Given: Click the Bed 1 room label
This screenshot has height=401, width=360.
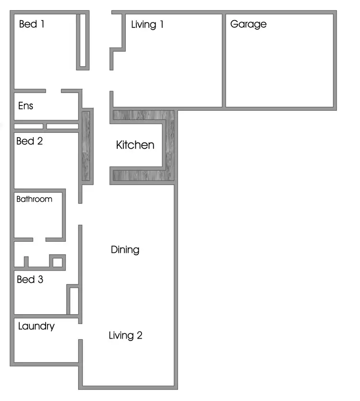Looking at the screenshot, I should pos(32,24).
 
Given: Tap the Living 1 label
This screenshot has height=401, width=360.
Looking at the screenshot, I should pos(147,24).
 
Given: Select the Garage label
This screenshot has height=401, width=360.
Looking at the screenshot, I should pos(248,24).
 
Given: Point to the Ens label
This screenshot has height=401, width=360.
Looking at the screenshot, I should pos(25,106).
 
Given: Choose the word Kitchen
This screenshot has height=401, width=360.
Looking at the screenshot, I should pos(135,145).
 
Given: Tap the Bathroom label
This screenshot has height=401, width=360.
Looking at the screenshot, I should pos(34,199).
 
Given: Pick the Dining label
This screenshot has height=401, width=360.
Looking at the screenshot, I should pos(125,250).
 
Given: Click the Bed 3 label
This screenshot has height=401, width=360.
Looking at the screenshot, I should pos(30,279).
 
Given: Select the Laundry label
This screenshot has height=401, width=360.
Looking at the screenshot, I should pos(36,327).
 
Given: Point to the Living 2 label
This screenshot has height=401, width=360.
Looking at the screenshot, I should pos(125,335).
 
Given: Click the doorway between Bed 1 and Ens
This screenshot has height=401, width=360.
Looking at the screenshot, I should pos(54,91).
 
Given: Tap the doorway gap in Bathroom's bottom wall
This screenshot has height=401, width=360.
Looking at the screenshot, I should pos(39,239).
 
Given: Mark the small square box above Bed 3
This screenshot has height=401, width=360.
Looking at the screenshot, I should pos(57,262).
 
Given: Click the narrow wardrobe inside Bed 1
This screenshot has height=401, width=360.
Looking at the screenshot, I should pos(83,40).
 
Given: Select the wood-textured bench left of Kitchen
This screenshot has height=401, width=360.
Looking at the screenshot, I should pos(86,146).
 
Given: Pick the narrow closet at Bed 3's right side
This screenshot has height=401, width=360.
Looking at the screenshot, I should pos(74,301).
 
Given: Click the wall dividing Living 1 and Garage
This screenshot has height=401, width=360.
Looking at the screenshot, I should pos(224,60).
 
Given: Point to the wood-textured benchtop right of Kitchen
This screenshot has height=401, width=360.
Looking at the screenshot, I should pos(169,144).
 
